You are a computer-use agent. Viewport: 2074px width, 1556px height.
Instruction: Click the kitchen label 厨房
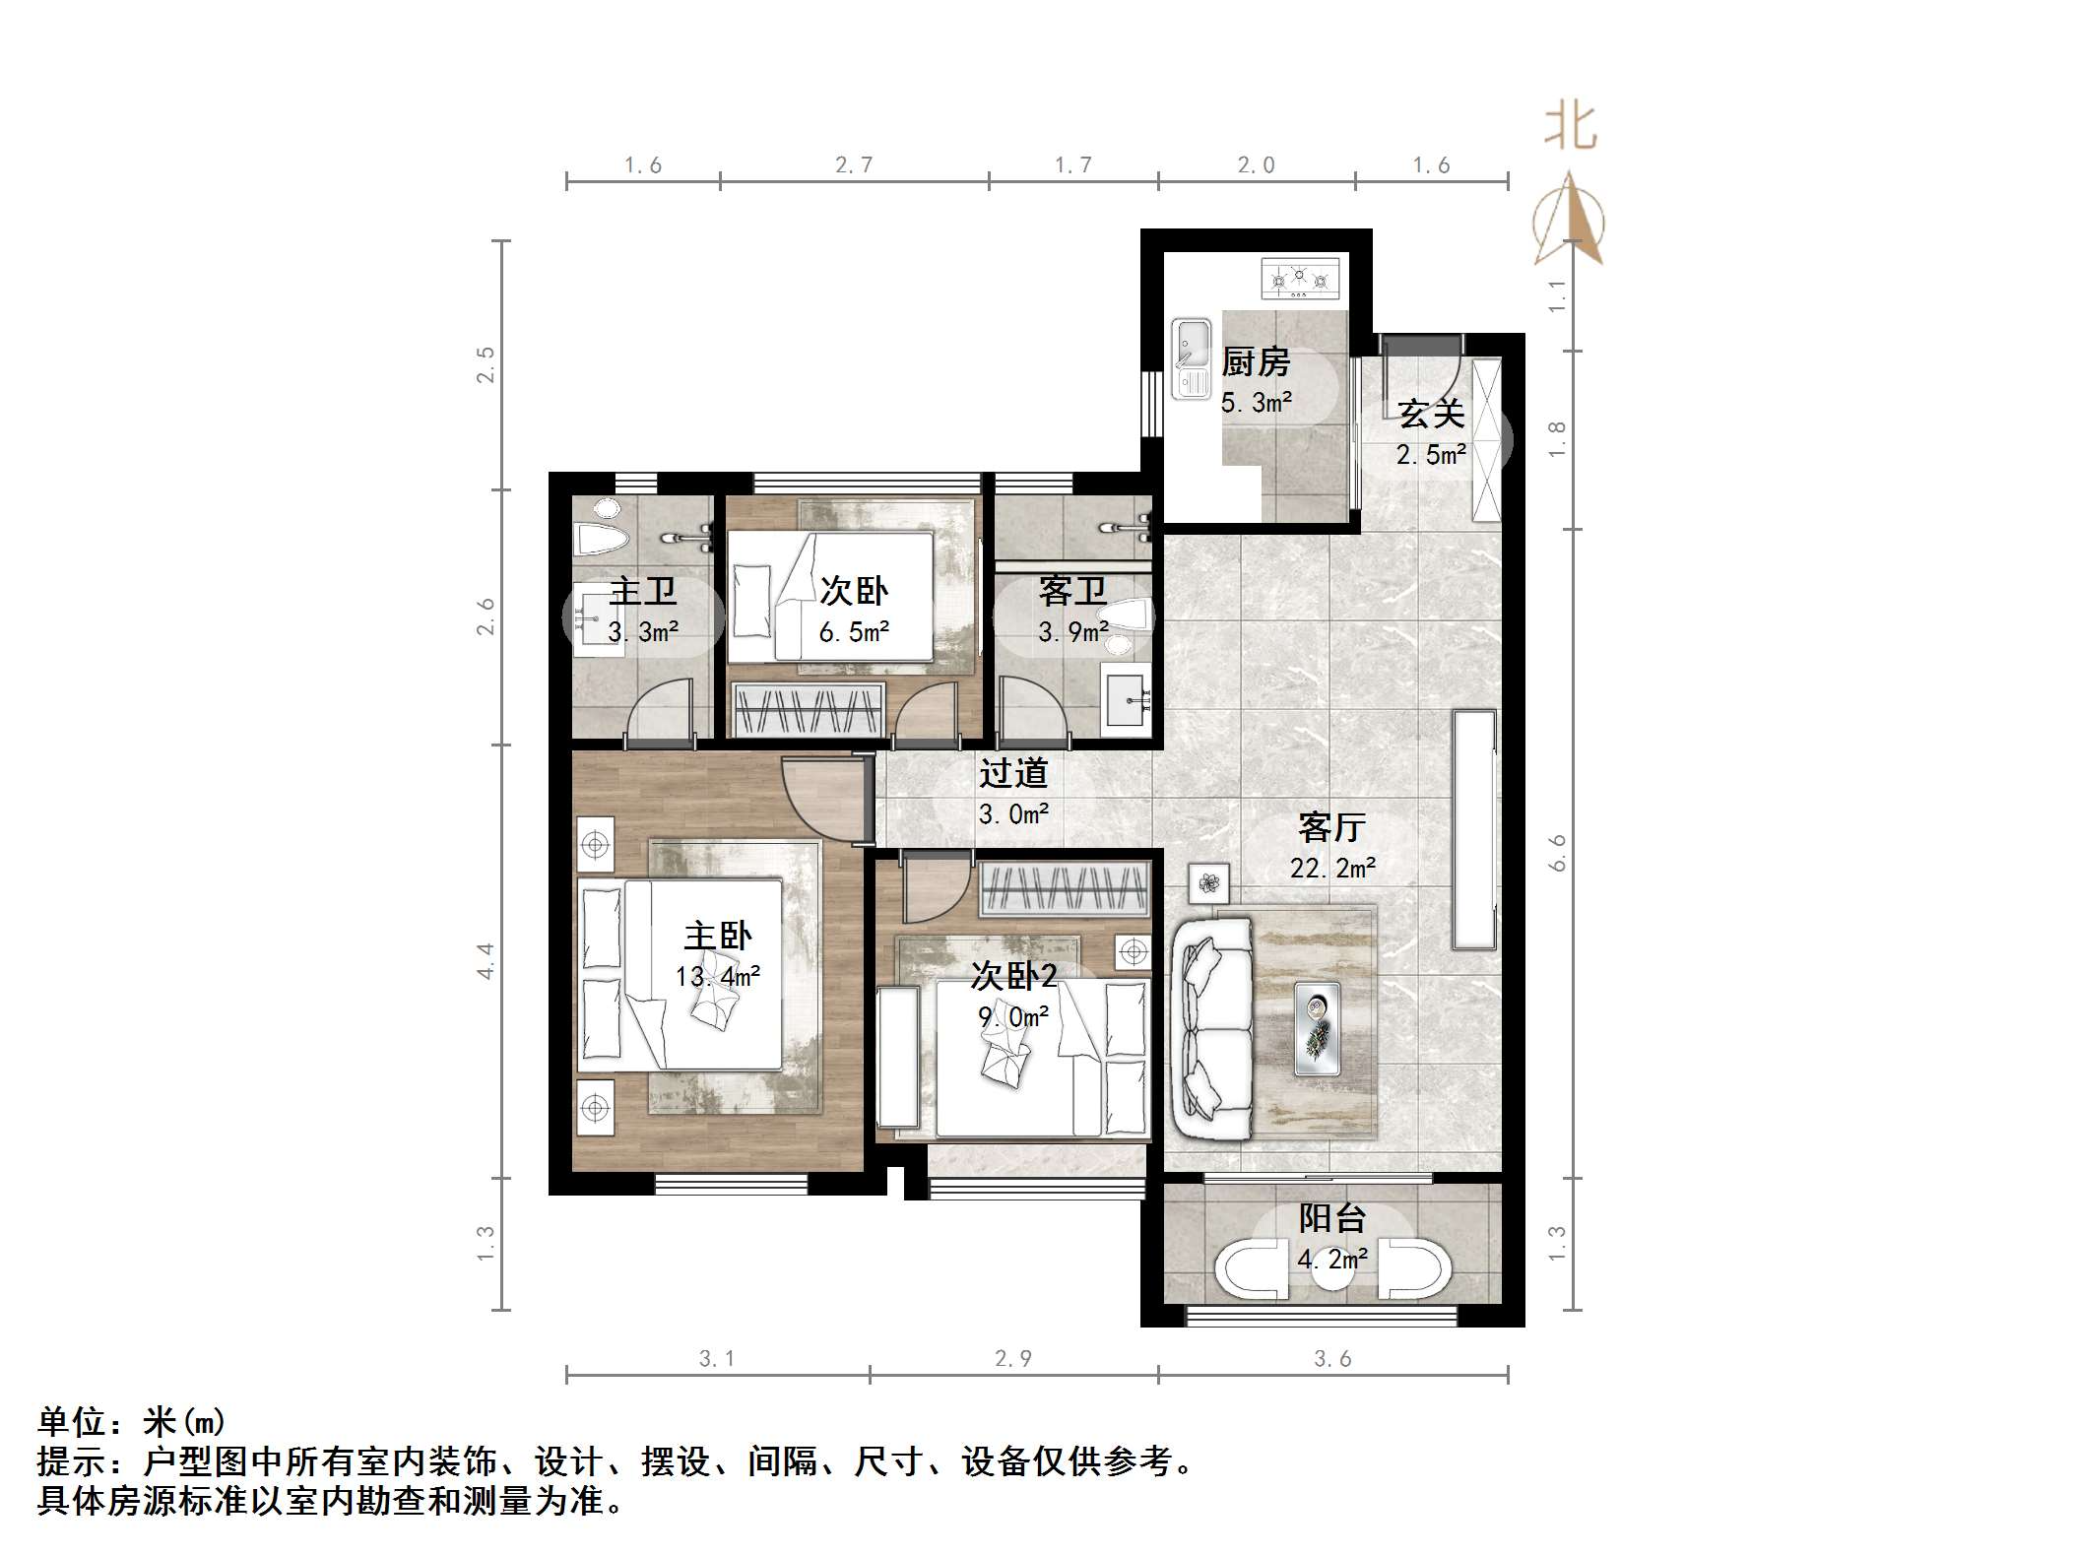(1256, 362)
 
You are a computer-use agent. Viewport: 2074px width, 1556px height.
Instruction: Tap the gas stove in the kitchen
(1301, 278)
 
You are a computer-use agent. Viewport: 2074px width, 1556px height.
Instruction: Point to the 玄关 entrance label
(1431, 414)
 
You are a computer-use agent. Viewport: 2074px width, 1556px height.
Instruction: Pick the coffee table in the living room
(1317, 1028)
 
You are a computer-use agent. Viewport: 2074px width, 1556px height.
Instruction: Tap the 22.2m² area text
(1332, 868)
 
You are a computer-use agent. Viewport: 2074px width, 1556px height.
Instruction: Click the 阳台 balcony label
(1331, 1218)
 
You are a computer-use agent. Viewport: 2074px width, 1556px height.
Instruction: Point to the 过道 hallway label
(1012, 774)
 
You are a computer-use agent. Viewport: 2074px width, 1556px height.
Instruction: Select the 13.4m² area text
(717, 976)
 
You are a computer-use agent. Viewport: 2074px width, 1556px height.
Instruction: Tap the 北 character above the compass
(1570, 128)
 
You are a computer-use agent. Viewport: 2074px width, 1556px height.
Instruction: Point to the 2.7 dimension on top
(854, 165)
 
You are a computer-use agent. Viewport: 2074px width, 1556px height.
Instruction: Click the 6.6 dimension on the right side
(1557, 853)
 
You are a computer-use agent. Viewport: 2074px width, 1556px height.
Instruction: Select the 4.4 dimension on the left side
(486, 960)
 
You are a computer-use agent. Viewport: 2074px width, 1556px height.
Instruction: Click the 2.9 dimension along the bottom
(1012, 1359)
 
